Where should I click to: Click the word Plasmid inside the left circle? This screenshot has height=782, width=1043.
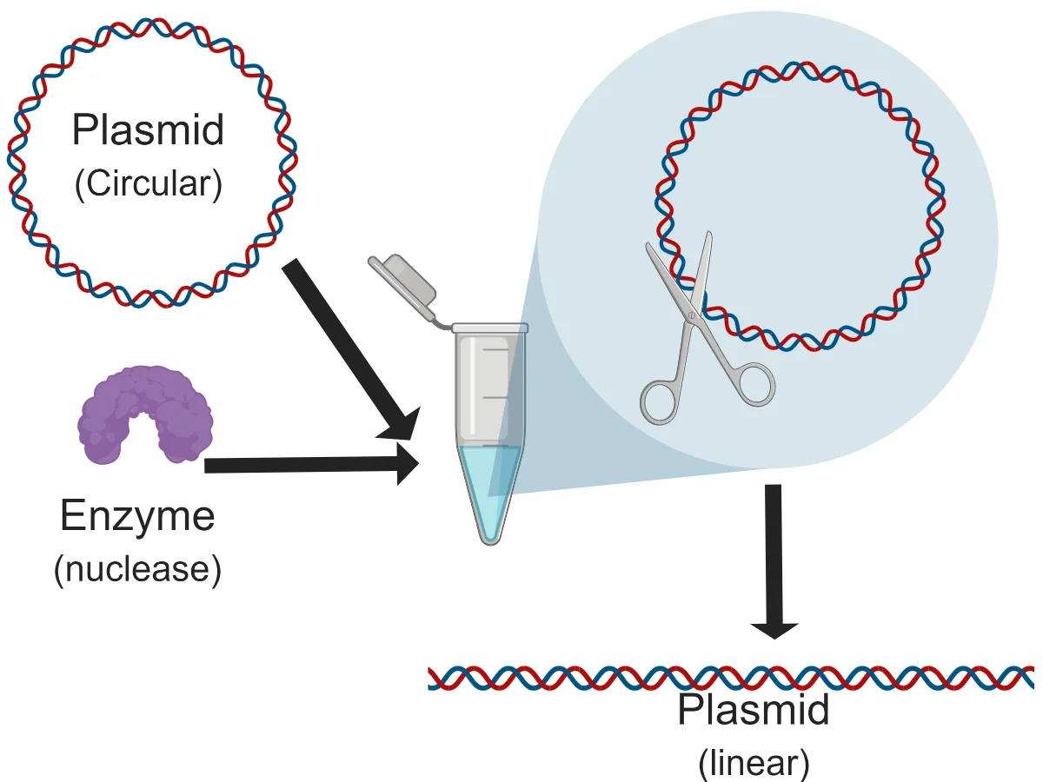(x=148, y=130)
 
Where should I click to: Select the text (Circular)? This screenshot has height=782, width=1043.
(x=148, y=185)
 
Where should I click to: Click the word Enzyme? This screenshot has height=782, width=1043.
(x=137, y=517)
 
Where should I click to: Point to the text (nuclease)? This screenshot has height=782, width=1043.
(x=137, y=570)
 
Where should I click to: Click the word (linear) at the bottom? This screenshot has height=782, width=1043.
(x=754, y=763)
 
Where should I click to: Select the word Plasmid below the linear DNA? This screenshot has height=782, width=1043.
(x=754, y=712)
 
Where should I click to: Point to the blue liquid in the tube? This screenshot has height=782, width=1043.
(x=491, y=487)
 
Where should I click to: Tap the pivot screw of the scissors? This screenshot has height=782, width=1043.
(x=692, y=314)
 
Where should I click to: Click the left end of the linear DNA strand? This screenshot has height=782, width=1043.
(x=433, y=678)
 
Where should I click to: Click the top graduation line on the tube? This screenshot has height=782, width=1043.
(x=494, y=349)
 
